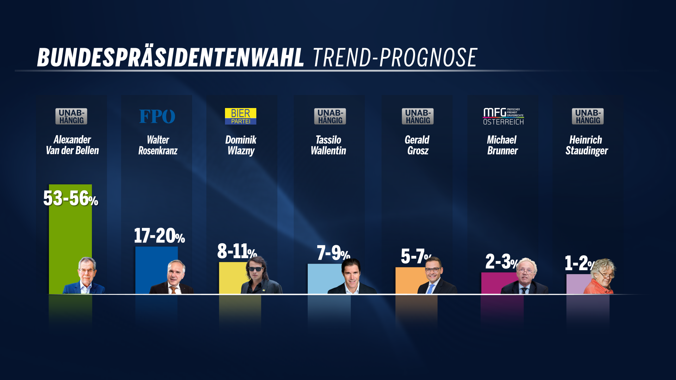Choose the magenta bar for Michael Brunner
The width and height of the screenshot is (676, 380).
click(493, 283)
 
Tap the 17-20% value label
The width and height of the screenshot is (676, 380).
click(159, 236)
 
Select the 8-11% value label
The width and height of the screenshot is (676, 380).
click(237, 251)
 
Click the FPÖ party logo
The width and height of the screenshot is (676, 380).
click(157, 116)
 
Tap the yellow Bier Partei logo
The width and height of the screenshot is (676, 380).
click(240, 116)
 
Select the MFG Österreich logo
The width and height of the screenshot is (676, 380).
click(503, 116)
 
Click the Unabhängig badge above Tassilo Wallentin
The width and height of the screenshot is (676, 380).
click(330, 116)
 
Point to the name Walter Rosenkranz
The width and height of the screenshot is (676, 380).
click(158, 145)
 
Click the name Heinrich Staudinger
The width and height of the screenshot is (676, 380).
click(587, 145)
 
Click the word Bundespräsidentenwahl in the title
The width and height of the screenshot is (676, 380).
click(170, 57)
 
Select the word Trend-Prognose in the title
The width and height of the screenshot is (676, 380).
click(395, 57)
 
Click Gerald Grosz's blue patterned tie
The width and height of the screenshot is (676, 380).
click(430, 289)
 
